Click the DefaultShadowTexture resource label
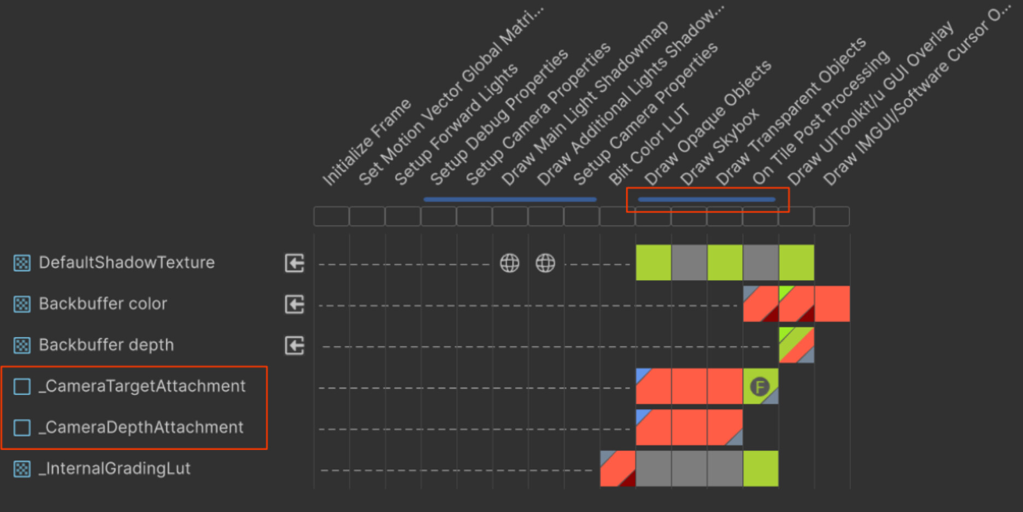point(127,263)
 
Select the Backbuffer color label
point(103,304)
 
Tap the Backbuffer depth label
point(106,345)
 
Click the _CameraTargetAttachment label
point(142,386)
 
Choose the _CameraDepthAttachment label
point(141,427)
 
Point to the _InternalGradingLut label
point(115,469)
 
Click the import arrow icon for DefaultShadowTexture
point(295,263)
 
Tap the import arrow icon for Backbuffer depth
point(295,346)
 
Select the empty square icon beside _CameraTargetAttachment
point(22,386)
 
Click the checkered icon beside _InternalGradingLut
point(22,469)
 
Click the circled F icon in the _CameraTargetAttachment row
point(760,387)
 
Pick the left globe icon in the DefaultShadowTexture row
point(510,263)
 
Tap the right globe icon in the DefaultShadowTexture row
point(545,263)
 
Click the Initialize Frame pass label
point(366,142)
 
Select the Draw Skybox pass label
point(719,147)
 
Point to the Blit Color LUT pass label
point(649,144)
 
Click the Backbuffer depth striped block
point(796,345)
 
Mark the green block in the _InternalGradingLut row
point(760,468)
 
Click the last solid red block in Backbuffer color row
point(832,304)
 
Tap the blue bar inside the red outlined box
point(707,200)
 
